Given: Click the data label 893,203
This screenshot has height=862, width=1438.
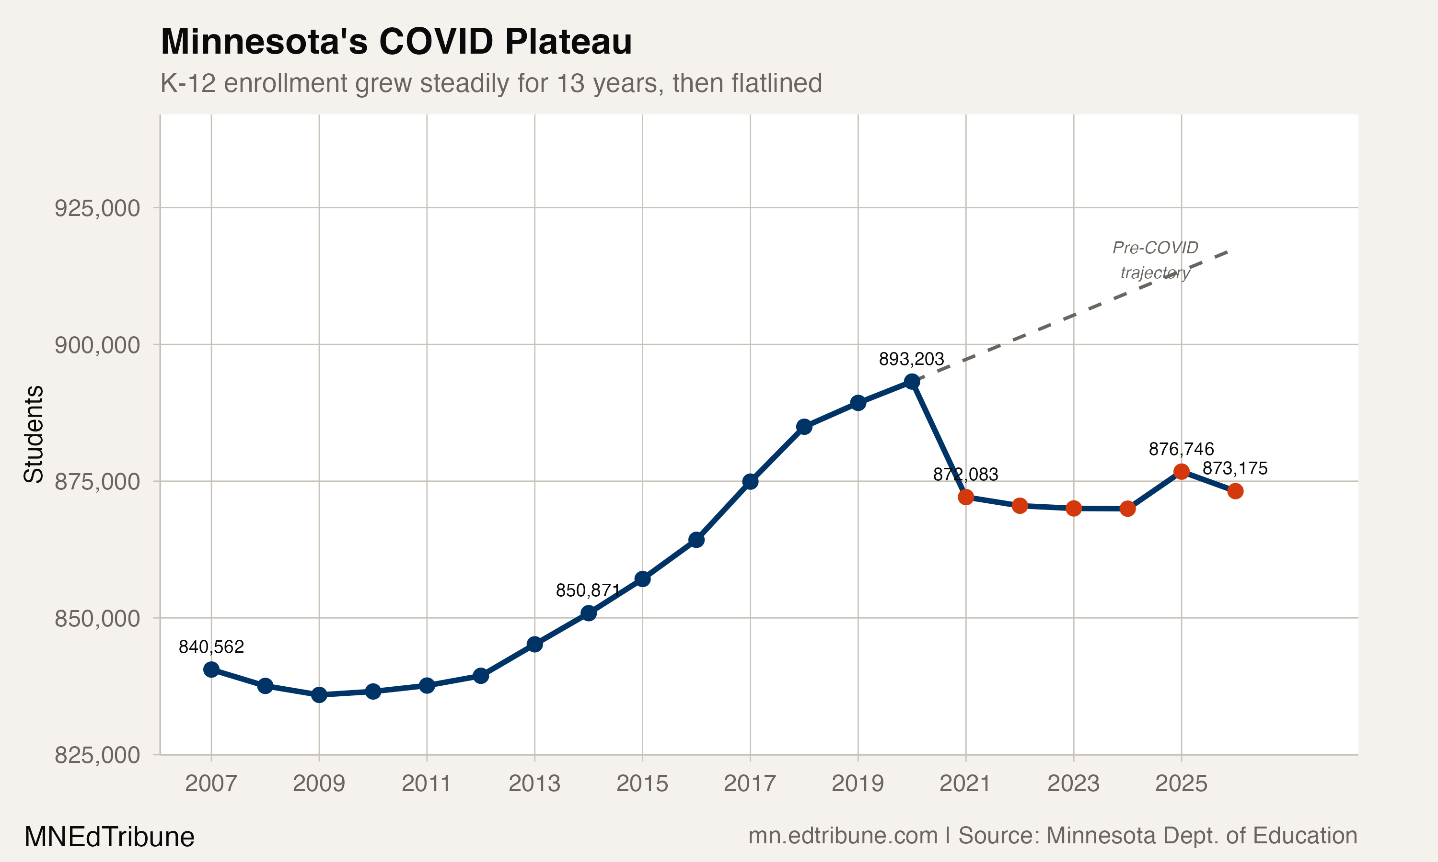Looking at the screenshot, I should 911,359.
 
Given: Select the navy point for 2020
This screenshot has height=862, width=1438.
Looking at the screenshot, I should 912,382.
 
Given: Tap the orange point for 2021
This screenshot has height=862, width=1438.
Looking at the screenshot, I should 966,497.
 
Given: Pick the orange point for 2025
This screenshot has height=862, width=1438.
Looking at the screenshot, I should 1181,472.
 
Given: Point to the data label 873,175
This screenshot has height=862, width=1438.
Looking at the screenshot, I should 1235,468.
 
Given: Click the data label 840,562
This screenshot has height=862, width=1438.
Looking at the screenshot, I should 211,646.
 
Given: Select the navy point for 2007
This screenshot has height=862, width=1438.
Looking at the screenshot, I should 211,670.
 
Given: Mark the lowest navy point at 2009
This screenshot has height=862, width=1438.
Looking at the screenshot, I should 319,695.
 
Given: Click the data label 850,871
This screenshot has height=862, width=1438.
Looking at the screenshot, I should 588,591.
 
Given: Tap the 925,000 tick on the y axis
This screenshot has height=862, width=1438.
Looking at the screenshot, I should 97,208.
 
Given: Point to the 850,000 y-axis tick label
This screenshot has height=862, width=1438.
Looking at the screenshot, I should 97,619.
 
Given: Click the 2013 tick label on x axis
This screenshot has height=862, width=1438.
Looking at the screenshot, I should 534,783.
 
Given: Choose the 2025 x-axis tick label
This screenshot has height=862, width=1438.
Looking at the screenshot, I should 1181,783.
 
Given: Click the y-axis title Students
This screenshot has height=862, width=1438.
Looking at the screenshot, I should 34,434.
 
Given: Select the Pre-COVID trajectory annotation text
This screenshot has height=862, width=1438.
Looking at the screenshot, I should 1155,260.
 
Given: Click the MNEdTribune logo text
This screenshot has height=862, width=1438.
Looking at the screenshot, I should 109,837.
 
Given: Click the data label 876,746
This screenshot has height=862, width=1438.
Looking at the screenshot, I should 1181,449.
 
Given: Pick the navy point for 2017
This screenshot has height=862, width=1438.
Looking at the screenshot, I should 750,482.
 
